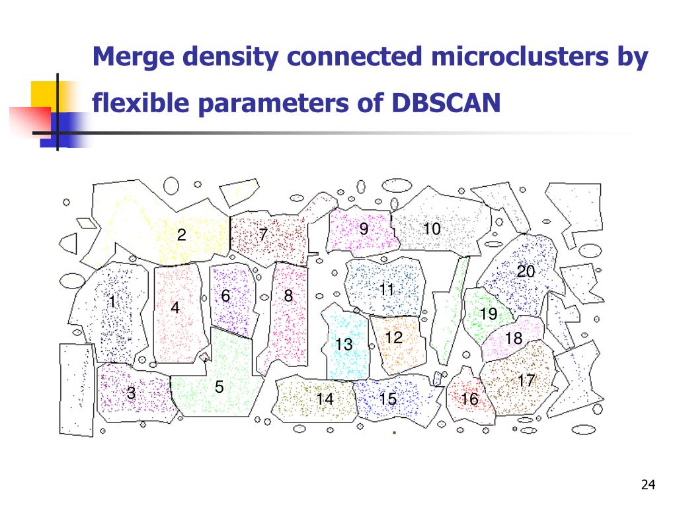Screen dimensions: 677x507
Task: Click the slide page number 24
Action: [648, 485]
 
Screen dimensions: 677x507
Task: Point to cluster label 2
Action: [182, 234]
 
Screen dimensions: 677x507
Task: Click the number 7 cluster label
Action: [263, 234]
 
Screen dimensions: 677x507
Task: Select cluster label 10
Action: [432, 228]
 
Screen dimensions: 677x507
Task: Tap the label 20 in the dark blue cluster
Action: [526, 271]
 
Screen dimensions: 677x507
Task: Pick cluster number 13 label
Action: [344, 344]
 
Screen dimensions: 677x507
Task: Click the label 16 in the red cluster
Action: [470, 399]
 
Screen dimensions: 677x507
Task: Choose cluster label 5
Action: [219, 387]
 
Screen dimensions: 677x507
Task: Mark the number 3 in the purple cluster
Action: [131, 393]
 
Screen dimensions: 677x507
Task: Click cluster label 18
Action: [514, 338]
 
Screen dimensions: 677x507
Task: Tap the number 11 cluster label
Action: [387, 289]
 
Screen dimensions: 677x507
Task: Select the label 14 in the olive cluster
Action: [325, 399]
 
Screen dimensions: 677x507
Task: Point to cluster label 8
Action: [288, 295]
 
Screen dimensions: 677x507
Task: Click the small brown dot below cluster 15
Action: [394, 432]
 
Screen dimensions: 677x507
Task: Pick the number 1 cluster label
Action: [112, 301]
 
